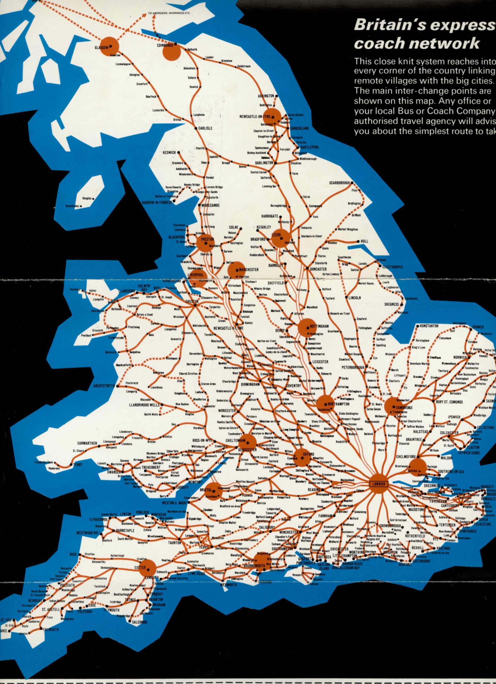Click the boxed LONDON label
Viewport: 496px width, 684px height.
click(379, 484)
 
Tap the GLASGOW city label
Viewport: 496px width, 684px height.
click(101, 48)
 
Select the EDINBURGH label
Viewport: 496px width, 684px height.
click(165, 45)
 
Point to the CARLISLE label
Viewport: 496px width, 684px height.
click(205, 128)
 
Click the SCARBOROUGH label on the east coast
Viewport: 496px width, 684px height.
click(339, 183)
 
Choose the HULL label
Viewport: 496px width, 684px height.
click(364, 241)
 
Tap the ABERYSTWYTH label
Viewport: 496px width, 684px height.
click(104, 386)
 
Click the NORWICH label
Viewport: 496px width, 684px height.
click(460, 357)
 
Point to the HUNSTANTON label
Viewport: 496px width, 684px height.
click(429, 326)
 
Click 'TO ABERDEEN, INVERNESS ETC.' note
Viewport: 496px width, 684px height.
click(169, 13)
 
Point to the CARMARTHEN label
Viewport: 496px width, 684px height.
click(87, 443)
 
